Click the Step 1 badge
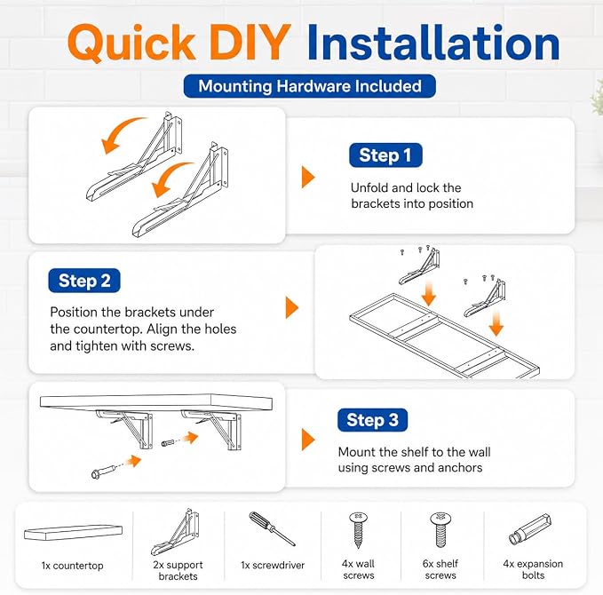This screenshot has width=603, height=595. (x=385, y=155)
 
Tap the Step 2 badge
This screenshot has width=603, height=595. (x=84, y=281)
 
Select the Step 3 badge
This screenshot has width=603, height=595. (x=372, y=420)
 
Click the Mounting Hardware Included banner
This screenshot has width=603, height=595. (x=310, y=86)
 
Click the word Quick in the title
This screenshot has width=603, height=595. (x=131, y=43)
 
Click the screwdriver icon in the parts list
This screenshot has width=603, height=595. (x=272, y=528)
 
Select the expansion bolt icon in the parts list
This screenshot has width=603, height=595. (x=530, y=529)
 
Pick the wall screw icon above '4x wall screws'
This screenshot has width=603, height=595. (x=358, y=529)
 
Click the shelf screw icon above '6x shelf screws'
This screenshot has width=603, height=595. (x=440, y=529)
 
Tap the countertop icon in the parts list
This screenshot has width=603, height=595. (x=73, y=533)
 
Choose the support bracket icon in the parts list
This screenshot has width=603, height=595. (x=175, y=532)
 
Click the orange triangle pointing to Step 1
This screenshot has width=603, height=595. (x=308, y=177)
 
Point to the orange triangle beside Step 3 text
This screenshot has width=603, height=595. (x=308, y=440)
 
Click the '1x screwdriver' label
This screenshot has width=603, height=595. (x=273, y=565)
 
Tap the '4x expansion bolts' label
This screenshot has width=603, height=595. (x=533, y=569)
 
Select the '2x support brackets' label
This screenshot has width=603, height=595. (x=178, y=570)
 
